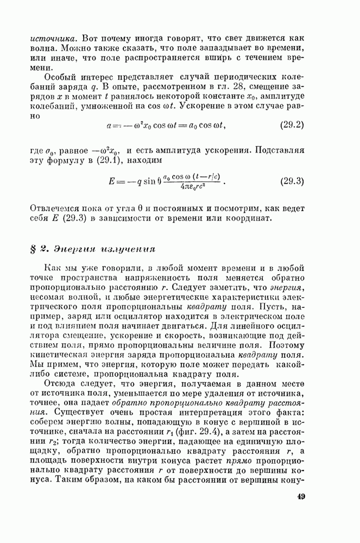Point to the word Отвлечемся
click(x=60, y=208)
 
